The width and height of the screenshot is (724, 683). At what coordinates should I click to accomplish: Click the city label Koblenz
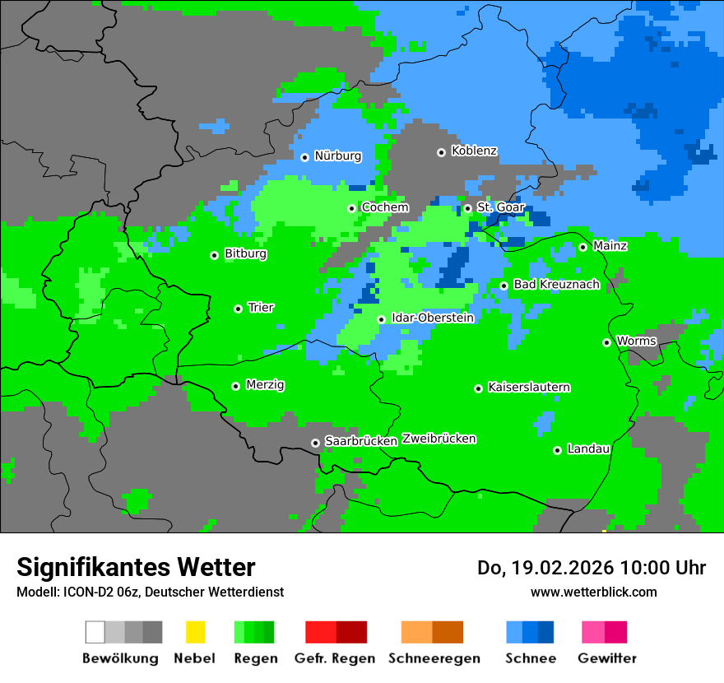tap(474, 151)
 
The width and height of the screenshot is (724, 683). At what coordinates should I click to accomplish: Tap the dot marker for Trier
tap(238, 309)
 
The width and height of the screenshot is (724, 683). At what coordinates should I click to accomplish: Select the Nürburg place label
tap(337, 156)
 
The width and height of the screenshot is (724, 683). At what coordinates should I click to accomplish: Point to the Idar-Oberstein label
tap(433, 318)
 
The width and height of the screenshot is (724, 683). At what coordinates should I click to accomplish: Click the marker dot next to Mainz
tap(582, 247)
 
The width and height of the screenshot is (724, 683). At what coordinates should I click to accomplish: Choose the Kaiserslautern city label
tap(529, 388)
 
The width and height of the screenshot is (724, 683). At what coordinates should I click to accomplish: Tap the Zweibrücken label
tap(439, 439)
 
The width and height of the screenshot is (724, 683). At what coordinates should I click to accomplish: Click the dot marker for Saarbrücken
tap(315, 443)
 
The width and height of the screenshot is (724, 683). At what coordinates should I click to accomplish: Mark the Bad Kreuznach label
tap(556, 285)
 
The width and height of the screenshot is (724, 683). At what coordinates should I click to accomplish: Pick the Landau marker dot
tap(557, 450)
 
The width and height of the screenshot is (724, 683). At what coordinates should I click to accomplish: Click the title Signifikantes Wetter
tap(136, 568)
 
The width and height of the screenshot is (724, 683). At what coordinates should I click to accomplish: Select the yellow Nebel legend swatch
tap(195, 632)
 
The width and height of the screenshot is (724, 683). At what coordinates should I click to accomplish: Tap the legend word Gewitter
tap(607, 658)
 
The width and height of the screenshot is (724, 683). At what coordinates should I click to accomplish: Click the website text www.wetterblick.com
tap(593, 592)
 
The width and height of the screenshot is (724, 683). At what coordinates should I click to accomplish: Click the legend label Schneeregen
tap(434, 658)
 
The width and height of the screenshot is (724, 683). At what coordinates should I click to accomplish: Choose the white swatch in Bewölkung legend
tap(95, 632)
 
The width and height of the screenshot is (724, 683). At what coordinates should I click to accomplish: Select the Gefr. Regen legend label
tap(335, 658)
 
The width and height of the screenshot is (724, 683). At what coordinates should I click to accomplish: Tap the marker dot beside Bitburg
tap(214, 255)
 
